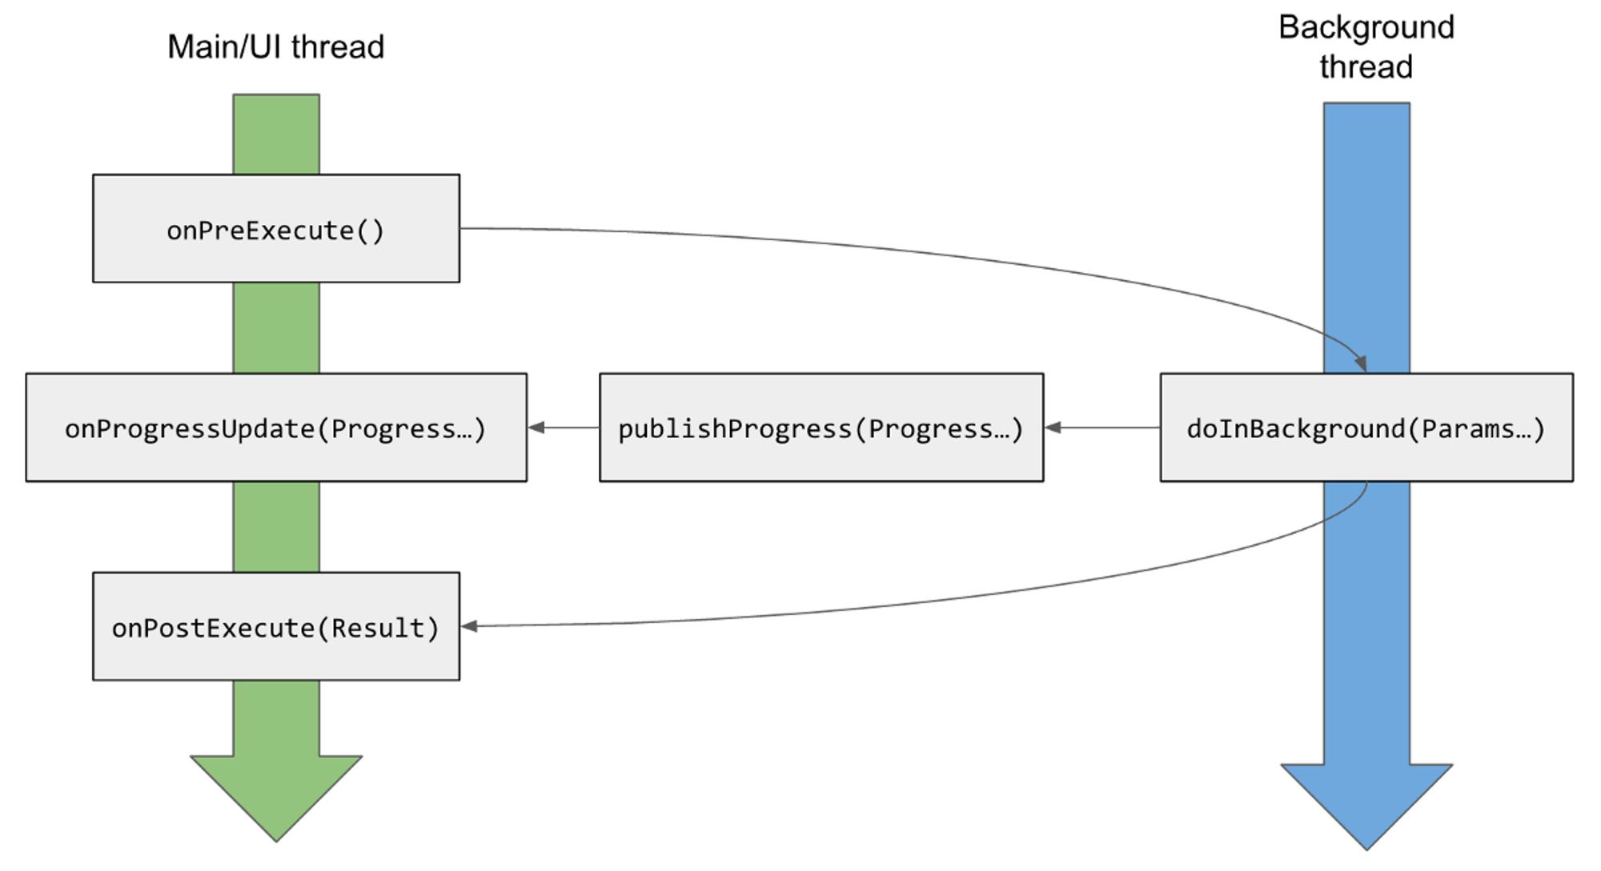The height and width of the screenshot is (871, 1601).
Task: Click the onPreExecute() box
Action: pyautogui.click(x=276, y=228)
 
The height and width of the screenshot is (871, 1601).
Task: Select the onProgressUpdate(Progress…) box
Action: pyautogui.click(x=276, y=427)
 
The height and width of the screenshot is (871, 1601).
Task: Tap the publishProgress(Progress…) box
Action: pyautogui.click(x=821, y=427)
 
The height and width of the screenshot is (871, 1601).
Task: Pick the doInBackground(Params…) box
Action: pyautogui.click(x=1366, y=427)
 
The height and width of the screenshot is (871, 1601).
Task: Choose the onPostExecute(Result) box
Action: pyautogui.click(x=276, y=626)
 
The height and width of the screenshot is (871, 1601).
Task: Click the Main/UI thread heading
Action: pyautogui.click(x=276, y=46)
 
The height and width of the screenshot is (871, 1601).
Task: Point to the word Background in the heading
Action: pyautogui.click(x=1366, y=28)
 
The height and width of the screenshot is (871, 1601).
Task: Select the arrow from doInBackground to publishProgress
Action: pyautogui.click(x=1102, y=427)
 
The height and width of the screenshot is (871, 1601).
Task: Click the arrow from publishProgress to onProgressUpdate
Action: pyautogui.click(x=564, y=427)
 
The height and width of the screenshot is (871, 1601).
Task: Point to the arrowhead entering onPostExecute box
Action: pyautogui.click(x=470, y=626)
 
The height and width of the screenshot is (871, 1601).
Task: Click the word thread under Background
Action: pyautogui.click(x=1366, y=67)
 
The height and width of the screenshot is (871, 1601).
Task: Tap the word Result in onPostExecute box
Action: pyautogui.click(x=379, y=628)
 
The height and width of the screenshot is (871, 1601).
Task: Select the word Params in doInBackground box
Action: pyautogui.click(x=1454, y=429)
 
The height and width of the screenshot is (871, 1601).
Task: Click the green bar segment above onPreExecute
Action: pyautogui.click(x=276, y=134)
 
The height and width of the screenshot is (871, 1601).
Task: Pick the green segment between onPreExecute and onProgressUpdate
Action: pyautogui.click(x=276, y=327)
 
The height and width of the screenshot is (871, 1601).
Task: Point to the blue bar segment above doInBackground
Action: pyautogui.click(x=1366, y=238)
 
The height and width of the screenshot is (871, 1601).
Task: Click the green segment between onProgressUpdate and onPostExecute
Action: pyautogui.click(x=276, y=527)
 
